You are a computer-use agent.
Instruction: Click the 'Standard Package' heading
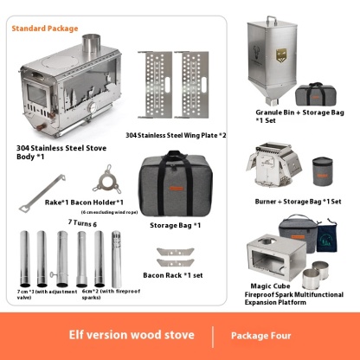[44, 29]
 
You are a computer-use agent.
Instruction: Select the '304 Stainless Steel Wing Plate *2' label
[176, 136]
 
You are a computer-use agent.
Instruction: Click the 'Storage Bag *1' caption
[176, 225]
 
